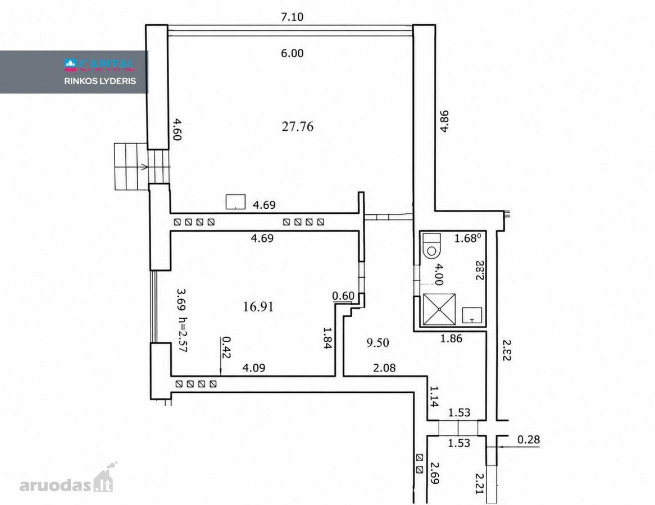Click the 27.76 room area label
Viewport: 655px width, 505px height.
click(297, 126)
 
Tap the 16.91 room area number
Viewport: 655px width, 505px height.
click(258, 307)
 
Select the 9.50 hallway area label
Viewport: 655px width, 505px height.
click(377, 343)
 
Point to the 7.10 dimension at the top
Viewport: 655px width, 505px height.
click(292, 17)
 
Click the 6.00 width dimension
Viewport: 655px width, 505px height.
click(292, 53)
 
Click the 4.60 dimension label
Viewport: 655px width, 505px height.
click(177, 130)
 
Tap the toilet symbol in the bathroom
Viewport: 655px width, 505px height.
click(431, 245)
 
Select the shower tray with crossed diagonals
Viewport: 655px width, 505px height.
click(439, 309)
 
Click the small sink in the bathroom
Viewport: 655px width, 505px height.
click(472, 315)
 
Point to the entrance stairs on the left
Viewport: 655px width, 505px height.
click(143, 166)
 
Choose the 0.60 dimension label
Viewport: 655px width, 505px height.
click(343, 296)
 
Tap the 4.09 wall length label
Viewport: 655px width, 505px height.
click(254, 368)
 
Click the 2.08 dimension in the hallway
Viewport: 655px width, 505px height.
click(384, 368)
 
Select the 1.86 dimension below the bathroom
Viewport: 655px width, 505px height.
click(451, 338)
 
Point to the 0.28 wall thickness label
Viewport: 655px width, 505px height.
click(529, 439)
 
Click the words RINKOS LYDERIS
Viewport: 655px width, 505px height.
click(100, 81)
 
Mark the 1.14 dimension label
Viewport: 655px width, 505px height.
click(434, 396)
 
